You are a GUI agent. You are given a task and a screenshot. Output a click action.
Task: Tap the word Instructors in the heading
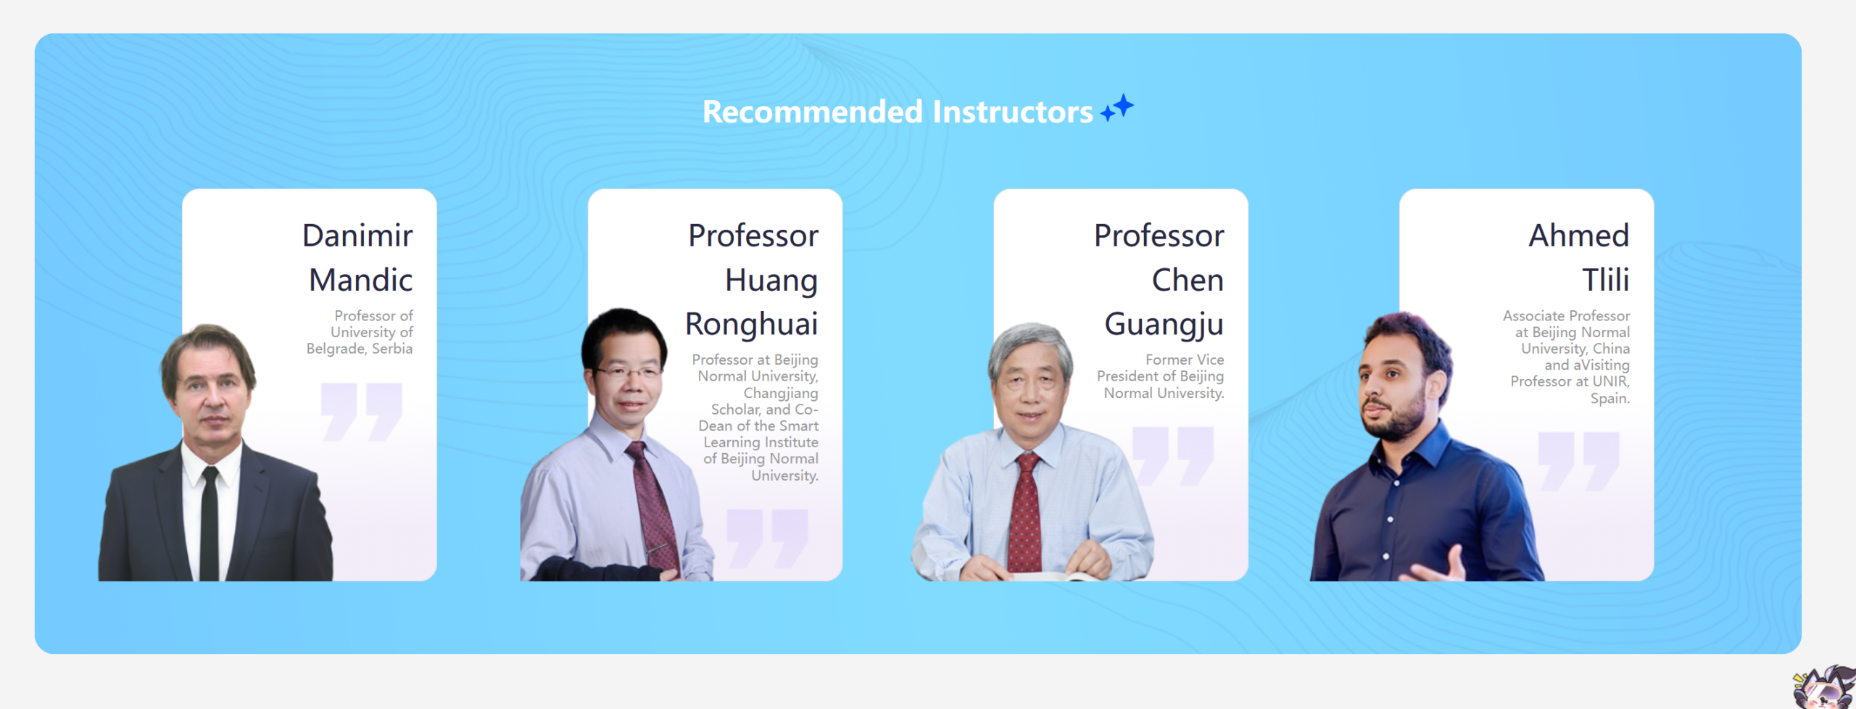[x=1013, y=112]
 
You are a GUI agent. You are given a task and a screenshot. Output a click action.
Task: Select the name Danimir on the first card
[x=357, y=236]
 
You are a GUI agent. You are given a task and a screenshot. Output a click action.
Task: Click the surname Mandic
[x=361, y=280]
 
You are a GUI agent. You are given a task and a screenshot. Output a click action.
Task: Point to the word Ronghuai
[x=752, y=325]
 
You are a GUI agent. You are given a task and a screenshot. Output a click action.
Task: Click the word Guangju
[x=1164, y=325]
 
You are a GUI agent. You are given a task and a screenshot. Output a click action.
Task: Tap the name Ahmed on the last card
[x=1579, y=236]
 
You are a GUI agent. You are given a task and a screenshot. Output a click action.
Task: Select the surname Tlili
[x=1606, y=280]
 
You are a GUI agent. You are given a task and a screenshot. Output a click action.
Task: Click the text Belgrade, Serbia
[x=360, y=349]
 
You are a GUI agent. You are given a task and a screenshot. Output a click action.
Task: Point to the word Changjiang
[x=781, y=394]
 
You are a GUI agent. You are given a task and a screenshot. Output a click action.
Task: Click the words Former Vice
[x=1185, y=360]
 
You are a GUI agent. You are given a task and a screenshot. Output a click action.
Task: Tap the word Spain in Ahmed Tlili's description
[x=1609, y=399]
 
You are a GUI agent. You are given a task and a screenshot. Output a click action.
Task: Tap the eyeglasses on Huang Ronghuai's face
[x=628, y=373]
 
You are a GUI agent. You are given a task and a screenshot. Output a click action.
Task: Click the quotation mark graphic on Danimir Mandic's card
[x=362, y=412]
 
